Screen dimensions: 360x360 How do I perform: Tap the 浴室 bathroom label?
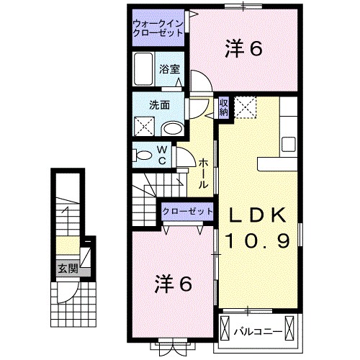click(171, 70)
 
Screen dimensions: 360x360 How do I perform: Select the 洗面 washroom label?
click(160, 104)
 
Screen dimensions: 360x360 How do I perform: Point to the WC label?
click(161, 155)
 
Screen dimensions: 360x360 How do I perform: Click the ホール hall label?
click(204, 173)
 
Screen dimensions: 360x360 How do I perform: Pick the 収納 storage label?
click(223, 107)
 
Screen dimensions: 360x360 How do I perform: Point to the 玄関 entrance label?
click(68, 270)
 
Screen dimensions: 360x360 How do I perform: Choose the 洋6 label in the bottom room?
click(173, 284)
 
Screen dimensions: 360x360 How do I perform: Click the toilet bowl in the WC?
click(142, 154)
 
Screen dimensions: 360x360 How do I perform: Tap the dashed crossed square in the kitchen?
click(247, 107)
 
